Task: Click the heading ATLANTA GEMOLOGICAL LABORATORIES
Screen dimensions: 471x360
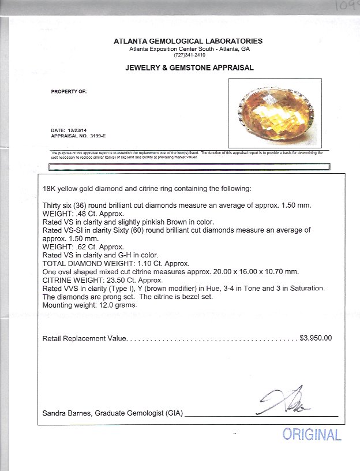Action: click(x=189, y=41)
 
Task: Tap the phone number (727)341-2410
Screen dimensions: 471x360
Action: click(x=189, y=55)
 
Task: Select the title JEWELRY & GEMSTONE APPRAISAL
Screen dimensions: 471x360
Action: click(x=189, y=68)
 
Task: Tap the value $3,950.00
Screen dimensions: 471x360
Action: click(x=316, y=338)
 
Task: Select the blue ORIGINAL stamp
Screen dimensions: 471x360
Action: click(x=312, y=435)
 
